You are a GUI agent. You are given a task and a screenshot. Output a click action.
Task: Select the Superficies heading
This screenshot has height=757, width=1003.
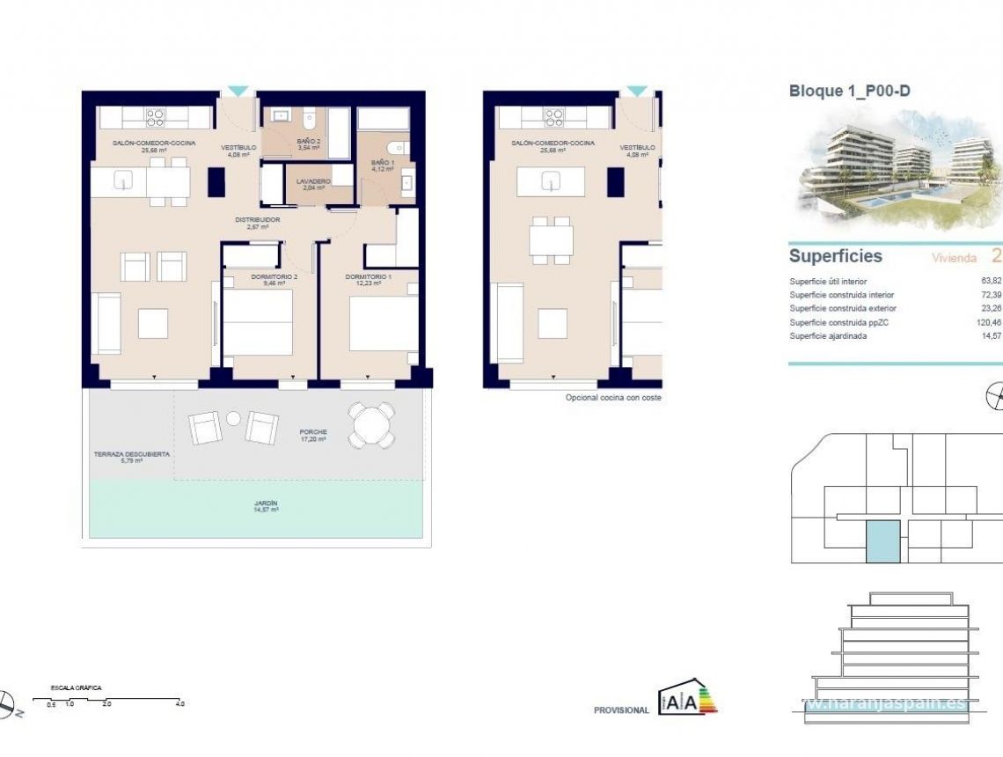(835, 256)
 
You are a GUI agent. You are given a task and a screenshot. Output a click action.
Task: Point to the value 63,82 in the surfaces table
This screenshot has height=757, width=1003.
(992, 282)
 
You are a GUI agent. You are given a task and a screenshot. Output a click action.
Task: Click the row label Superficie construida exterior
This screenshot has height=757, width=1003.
(843, 309)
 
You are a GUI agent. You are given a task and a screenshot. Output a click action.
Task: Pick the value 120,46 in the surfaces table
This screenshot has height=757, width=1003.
(988, 323)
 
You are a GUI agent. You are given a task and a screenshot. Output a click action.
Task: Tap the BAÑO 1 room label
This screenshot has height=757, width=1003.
(383, 165)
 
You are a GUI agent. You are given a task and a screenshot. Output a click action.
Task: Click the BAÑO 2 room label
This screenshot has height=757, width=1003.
(308, 143)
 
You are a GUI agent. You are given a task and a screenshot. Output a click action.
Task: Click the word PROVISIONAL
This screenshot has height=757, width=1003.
(621, 710)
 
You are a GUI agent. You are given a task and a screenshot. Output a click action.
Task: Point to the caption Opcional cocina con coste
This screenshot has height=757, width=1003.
(612, 398)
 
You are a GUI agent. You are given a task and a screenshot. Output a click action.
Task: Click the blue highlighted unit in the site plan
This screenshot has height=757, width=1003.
(882, 540)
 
